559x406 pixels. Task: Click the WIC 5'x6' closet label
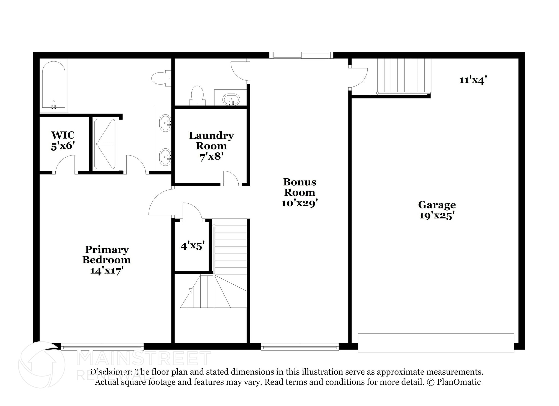coord(63,140)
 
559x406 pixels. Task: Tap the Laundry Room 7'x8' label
coord(211,146)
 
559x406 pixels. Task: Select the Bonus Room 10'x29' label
coord(300,192)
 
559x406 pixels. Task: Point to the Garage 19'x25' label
coord(437,210)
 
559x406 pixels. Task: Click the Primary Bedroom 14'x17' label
coord(107,260)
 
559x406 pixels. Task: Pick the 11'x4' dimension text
coord(473,80)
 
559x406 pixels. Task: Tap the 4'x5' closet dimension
coord(192,246)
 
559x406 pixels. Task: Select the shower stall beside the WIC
coord(105,144)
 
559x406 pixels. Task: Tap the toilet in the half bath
coord(197,95)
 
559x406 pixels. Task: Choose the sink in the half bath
coord(231,99)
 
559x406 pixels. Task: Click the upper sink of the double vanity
coord(165,123)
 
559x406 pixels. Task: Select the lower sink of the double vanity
coord(165,157)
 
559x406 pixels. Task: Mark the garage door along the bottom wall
coord(436,343)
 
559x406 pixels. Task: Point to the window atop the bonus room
coord(301,55)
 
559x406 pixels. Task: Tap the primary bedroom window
coord(102,347)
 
